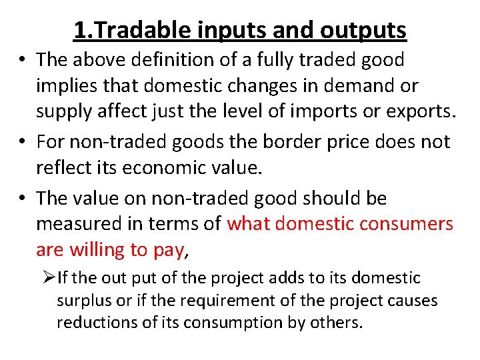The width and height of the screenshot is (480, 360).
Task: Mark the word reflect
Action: tap(64, 168)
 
